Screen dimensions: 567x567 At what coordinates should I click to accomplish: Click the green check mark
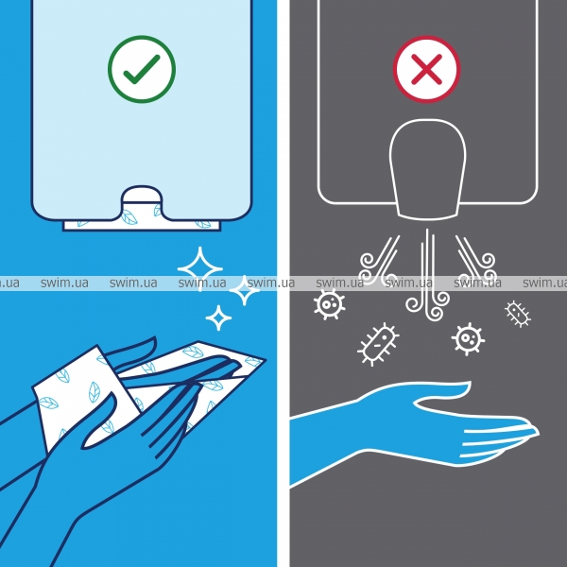click(142, 69)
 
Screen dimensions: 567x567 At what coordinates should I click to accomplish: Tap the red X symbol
click(427, 69)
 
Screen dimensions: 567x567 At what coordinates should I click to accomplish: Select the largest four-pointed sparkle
click(200, 268)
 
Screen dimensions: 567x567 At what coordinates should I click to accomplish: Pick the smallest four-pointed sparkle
click(218, 318)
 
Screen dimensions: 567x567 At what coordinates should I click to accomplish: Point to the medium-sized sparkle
click(245, 290)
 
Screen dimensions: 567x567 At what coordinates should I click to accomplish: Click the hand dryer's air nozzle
click(427, 169)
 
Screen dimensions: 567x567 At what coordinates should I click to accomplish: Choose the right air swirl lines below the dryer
click(476, 260)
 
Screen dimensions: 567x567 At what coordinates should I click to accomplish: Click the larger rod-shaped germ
click(378, 344)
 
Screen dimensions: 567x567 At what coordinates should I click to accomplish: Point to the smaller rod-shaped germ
click(518, 314)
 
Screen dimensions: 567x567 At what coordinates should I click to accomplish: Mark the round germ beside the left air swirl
click(329, 303)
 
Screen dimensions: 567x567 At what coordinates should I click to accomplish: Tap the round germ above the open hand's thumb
click(468, 339)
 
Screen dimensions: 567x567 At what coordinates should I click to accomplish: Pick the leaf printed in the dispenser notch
click(129, 217)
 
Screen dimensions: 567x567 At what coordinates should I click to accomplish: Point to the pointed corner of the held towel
click(264, 359)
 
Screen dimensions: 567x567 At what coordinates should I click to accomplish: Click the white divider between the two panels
click(283, 283)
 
